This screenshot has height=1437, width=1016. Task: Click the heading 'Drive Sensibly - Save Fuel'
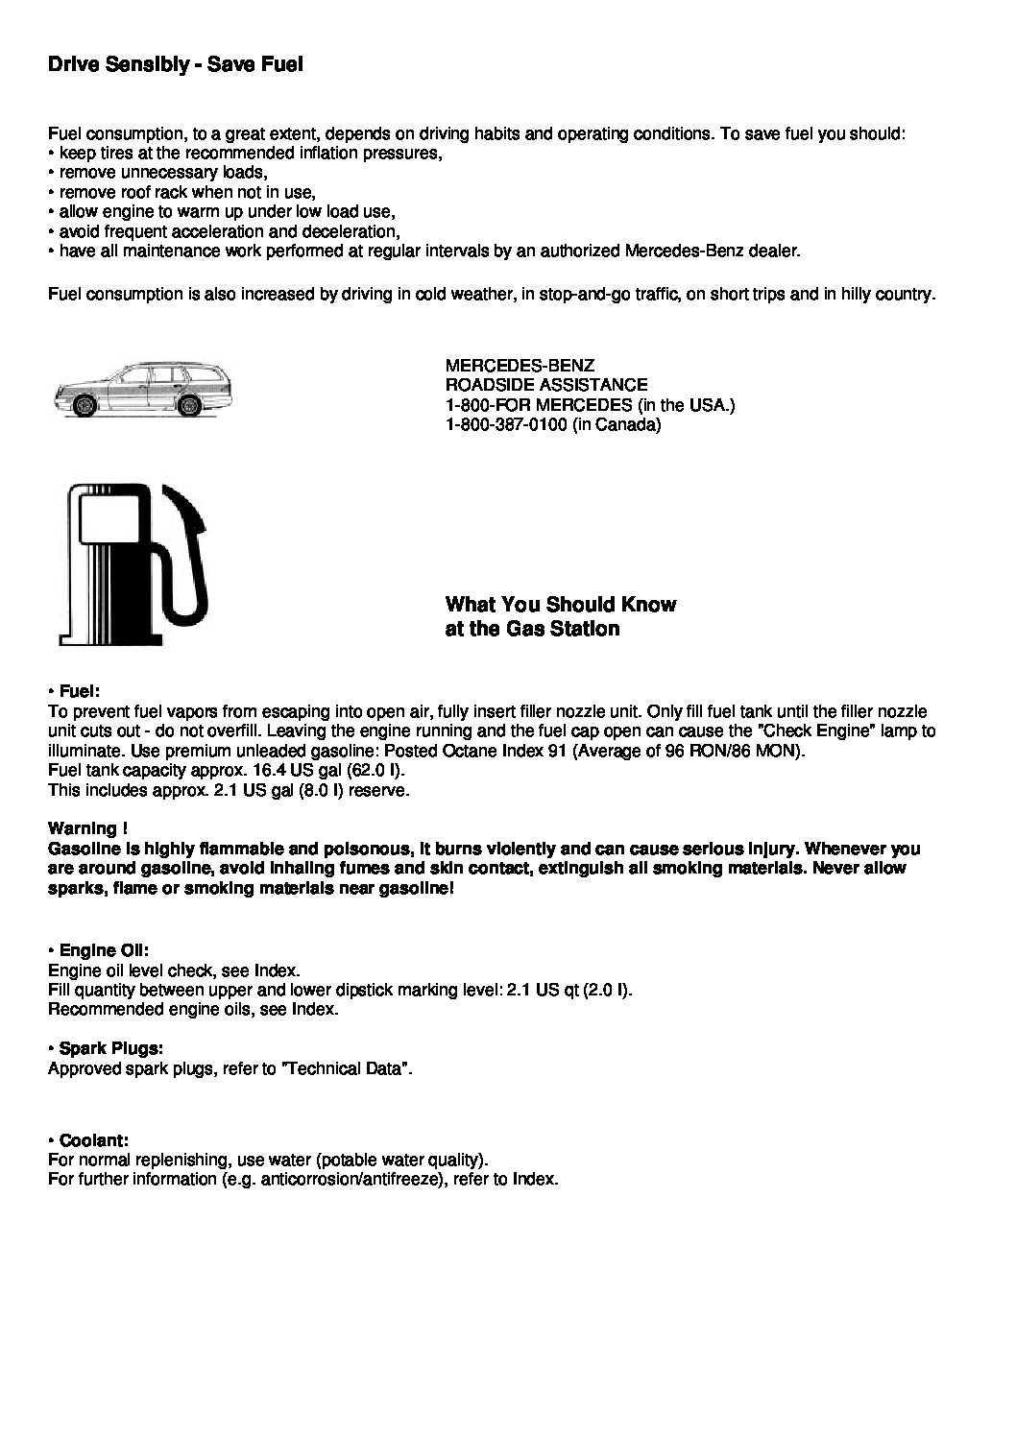[x=175, y=65]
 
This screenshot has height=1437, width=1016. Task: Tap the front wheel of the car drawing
[x=85, y=407]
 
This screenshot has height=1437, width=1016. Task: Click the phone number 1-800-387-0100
[x=507, y=424]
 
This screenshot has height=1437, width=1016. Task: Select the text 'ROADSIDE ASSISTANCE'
[x=546, y=385]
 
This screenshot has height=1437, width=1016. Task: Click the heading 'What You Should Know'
[x=560, y=605]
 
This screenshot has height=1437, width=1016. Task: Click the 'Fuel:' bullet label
[x=79, y=691]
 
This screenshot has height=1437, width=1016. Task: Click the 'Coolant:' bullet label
[x=93, y=1140]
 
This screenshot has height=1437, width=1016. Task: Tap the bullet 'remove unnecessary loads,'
[x=163, y=173]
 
